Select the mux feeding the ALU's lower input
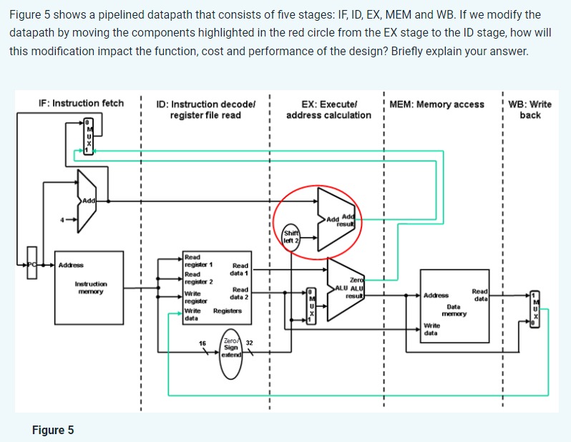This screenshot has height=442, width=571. [x=311, y=306]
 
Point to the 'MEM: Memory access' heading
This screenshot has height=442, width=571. [x=437, y=105]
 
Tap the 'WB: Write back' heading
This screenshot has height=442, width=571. [x=529, y=110]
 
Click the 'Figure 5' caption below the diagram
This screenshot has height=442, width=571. [x=52, y=430]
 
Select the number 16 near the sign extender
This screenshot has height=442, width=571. [x=202, y=345]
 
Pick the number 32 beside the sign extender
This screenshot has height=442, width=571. [x=249, y=343]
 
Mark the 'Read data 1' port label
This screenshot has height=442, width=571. [x=239, y=269]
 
